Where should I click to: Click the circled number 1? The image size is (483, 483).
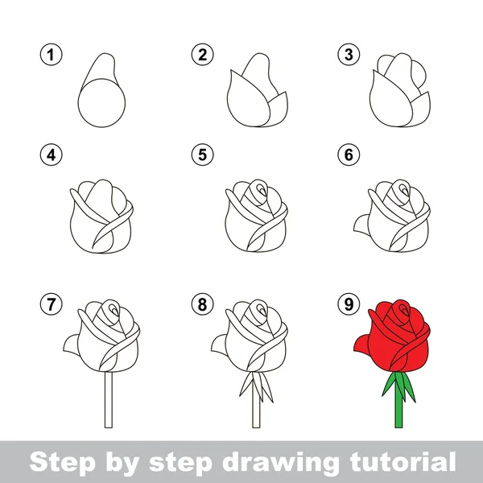click(51, 56)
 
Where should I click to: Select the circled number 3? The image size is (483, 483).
click(348, 56)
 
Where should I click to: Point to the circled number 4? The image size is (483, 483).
click(51, 154)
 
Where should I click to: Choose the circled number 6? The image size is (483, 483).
click(348, 154)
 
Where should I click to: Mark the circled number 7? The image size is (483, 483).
click(51, 305)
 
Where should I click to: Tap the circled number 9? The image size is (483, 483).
click(348, 305)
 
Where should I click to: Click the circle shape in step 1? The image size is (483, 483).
click(102, 104)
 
